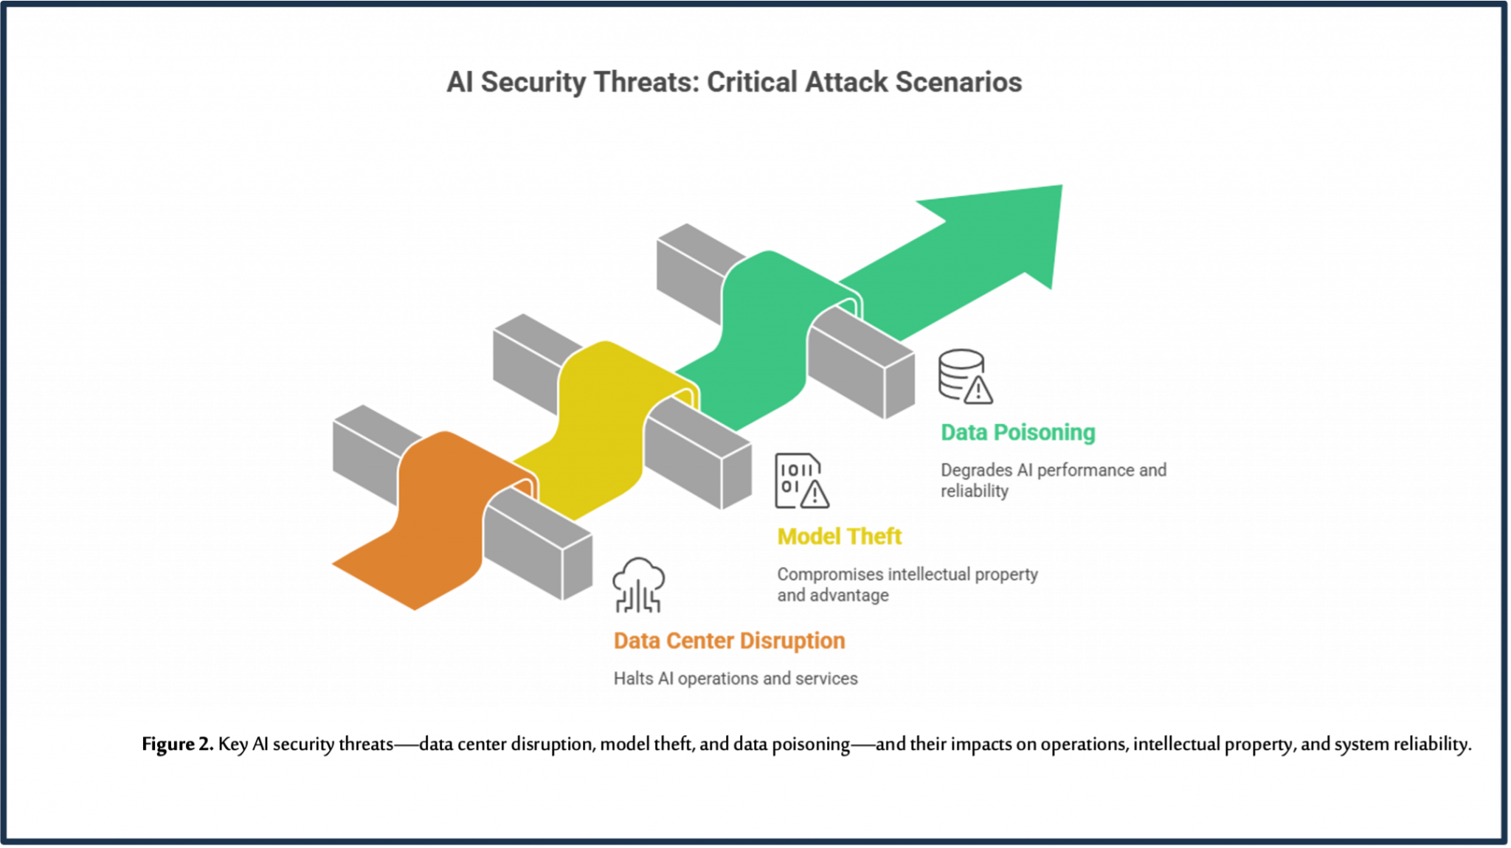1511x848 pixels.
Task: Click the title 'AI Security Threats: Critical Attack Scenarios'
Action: click(734, 82)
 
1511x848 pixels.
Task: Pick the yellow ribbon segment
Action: click(598, 428)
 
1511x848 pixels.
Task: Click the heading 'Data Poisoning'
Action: click(1018, 432)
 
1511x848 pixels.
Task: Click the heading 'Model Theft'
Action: click(840, 536)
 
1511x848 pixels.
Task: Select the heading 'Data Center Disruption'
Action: click(729, 641)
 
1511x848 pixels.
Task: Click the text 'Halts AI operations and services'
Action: click(735, 678)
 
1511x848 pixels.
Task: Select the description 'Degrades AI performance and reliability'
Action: click(1053, 480)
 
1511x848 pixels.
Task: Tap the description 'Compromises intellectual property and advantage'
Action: click(907, 584)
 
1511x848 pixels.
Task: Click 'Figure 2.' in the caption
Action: click(177, 744)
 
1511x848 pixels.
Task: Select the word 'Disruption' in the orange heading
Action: click(792, 641)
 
